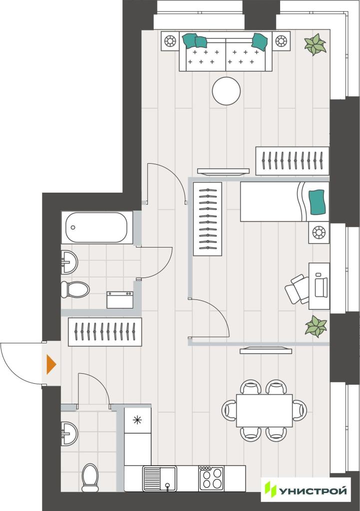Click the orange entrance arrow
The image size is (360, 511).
point(51,364)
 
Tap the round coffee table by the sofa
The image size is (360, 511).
point(226,91)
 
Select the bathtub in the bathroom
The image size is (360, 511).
point(96,227)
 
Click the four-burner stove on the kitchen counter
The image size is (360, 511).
point(211,478)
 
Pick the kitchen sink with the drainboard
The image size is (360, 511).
point(160,479)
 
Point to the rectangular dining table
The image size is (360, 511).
point(264,410)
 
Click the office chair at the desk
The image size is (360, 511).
point(297,289)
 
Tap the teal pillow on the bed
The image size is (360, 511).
point(318,202)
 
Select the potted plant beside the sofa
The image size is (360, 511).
point(315,44)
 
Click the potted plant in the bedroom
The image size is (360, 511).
point(316,326)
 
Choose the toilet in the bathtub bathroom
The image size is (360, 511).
point(75,289)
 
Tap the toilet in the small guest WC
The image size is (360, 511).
point(90,478)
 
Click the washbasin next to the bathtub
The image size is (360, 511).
point(69,262)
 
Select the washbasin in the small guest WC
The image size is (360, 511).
point(69,434)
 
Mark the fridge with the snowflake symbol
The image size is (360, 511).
point(138,420)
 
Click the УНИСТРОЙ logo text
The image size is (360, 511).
point(313,491)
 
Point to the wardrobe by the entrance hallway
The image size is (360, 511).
point(105,332)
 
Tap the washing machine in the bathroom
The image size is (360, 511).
point(120,300)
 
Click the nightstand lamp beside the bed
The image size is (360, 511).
point(319,233)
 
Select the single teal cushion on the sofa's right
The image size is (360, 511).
point(260,42)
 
